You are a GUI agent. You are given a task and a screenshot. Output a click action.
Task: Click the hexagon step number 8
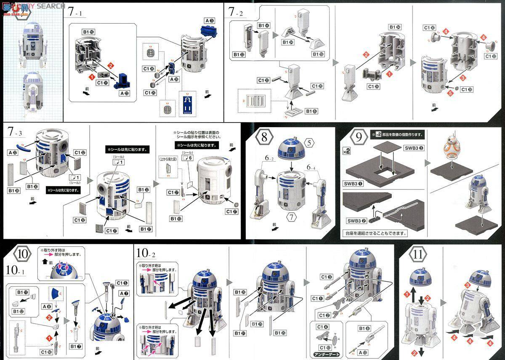264,137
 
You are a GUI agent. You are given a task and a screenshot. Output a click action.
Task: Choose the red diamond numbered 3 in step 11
467,285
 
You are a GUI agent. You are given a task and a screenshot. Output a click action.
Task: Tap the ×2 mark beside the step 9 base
346,151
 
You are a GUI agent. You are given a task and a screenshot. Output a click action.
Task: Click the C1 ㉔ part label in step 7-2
373,86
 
